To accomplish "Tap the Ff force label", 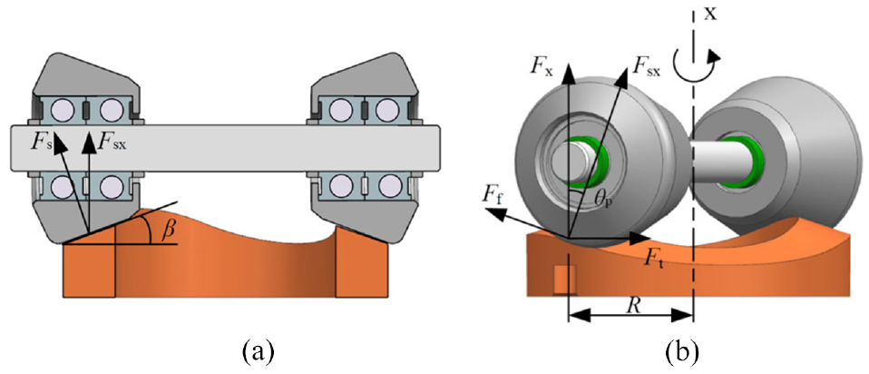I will pos(494,194).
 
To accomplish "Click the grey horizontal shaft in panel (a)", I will pos(226,144).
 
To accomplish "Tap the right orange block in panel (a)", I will pos(363,263).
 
